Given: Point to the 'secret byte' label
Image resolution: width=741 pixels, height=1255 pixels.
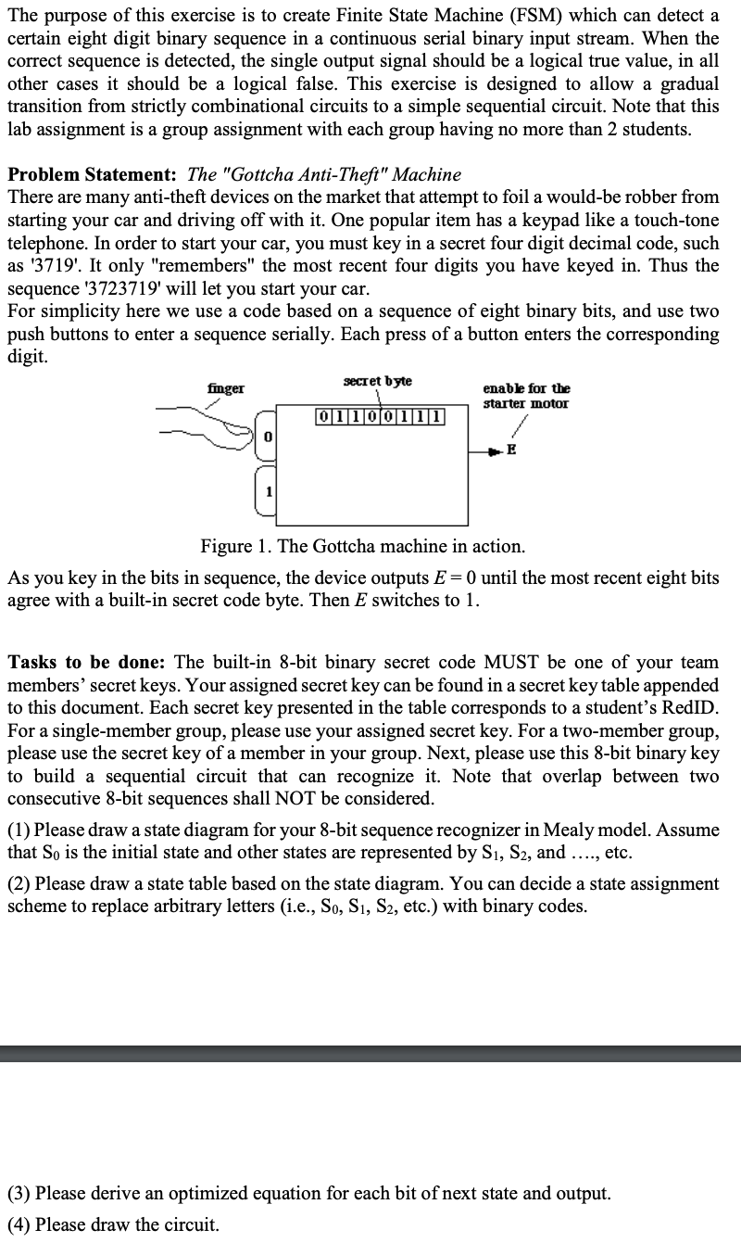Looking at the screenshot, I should point(378,381).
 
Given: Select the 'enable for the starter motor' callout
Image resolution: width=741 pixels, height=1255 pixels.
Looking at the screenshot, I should point(526,396).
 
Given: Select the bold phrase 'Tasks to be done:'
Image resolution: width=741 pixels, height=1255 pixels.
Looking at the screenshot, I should point(87,662).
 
